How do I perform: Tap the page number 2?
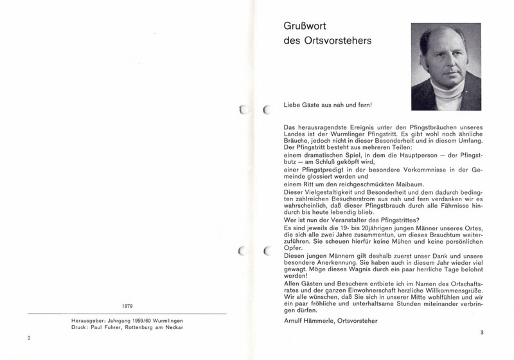[28, 338]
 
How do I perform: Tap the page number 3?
[481, 332]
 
